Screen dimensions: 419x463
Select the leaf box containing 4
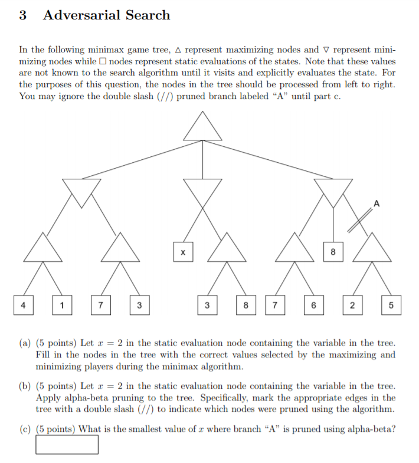[23, 305]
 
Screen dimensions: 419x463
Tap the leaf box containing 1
[62, 305]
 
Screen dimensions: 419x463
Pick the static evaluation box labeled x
[183, 252]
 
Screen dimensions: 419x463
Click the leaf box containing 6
[313, 305]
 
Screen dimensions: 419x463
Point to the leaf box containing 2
[352, 305]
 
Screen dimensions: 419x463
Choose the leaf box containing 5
[391, 305]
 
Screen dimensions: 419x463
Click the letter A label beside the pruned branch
[377, 203]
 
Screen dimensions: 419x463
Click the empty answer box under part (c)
[67, 444]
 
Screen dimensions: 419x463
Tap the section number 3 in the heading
[22, 15]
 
